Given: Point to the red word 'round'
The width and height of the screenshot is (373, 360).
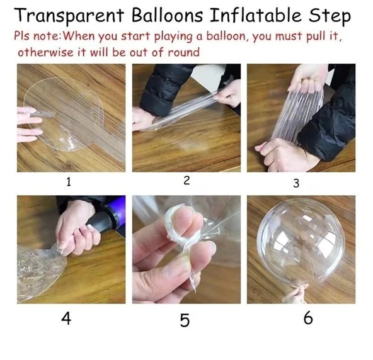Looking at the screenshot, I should (182, 52).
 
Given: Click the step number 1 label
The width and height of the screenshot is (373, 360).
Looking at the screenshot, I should (69, 183).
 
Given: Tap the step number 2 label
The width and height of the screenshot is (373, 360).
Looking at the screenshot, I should (186, 181).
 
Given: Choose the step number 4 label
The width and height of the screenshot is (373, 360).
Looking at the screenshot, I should (66, 318).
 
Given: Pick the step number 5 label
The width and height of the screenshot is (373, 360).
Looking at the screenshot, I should (185, 320).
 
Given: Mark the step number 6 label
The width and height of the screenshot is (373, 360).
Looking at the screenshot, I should (308, 318).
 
